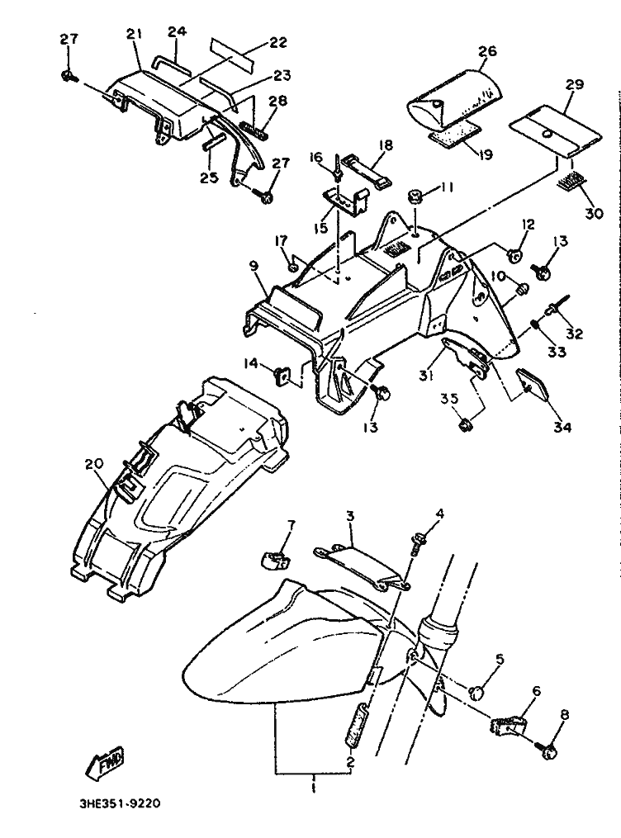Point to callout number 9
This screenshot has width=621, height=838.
coord(254,266)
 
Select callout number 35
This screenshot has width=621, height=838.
coord(448,400)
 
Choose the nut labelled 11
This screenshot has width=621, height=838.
coord(416,197)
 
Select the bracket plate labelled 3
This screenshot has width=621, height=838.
coord(361,566)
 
